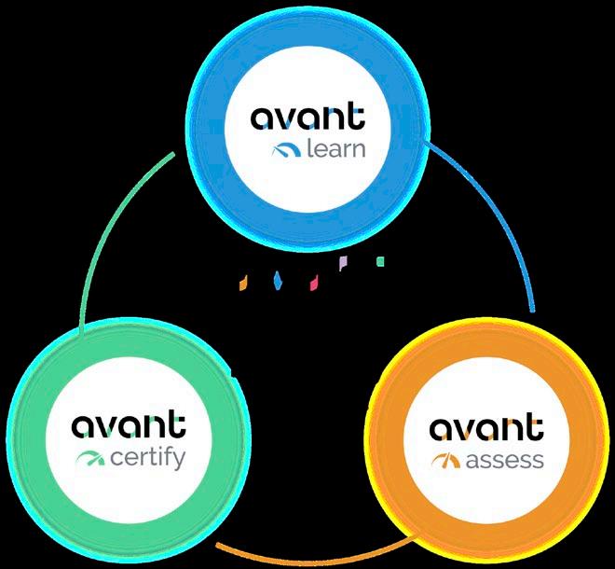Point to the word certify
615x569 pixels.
tap(148, 459)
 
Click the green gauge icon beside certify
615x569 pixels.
tap(90, 459)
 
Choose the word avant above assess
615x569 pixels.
tap(486, 430)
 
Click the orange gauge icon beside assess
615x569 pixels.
tap(446, 460)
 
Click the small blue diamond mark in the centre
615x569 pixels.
tap(277, 280)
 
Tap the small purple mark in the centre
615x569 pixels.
tap(343, 264)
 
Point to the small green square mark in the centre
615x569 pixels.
tap(379, 262)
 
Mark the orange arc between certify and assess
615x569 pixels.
tap(307, 556)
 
